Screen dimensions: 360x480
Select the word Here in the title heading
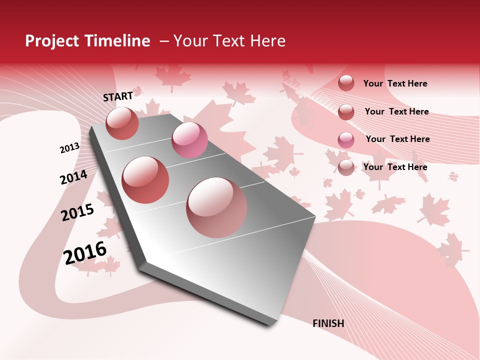267,41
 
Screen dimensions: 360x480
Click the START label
118,96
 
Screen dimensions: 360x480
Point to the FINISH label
328,323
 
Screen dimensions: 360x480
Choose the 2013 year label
69,148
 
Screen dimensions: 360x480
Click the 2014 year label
73,177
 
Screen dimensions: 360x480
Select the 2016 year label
85,253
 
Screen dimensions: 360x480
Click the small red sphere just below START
122,123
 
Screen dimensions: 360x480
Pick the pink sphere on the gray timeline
189,140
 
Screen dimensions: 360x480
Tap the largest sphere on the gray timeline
216,207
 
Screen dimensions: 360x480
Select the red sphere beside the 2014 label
145,180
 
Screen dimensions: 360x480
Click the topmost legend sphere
346,83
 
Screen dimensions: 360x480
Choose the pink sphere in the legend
346,140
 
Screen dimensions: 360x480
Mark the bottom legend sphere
346,168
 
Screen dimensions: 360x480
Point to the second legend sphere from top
346,112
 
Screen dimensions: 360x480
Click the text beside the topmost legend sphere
395,83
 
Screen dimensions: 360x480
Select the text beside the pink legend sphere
397,139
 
